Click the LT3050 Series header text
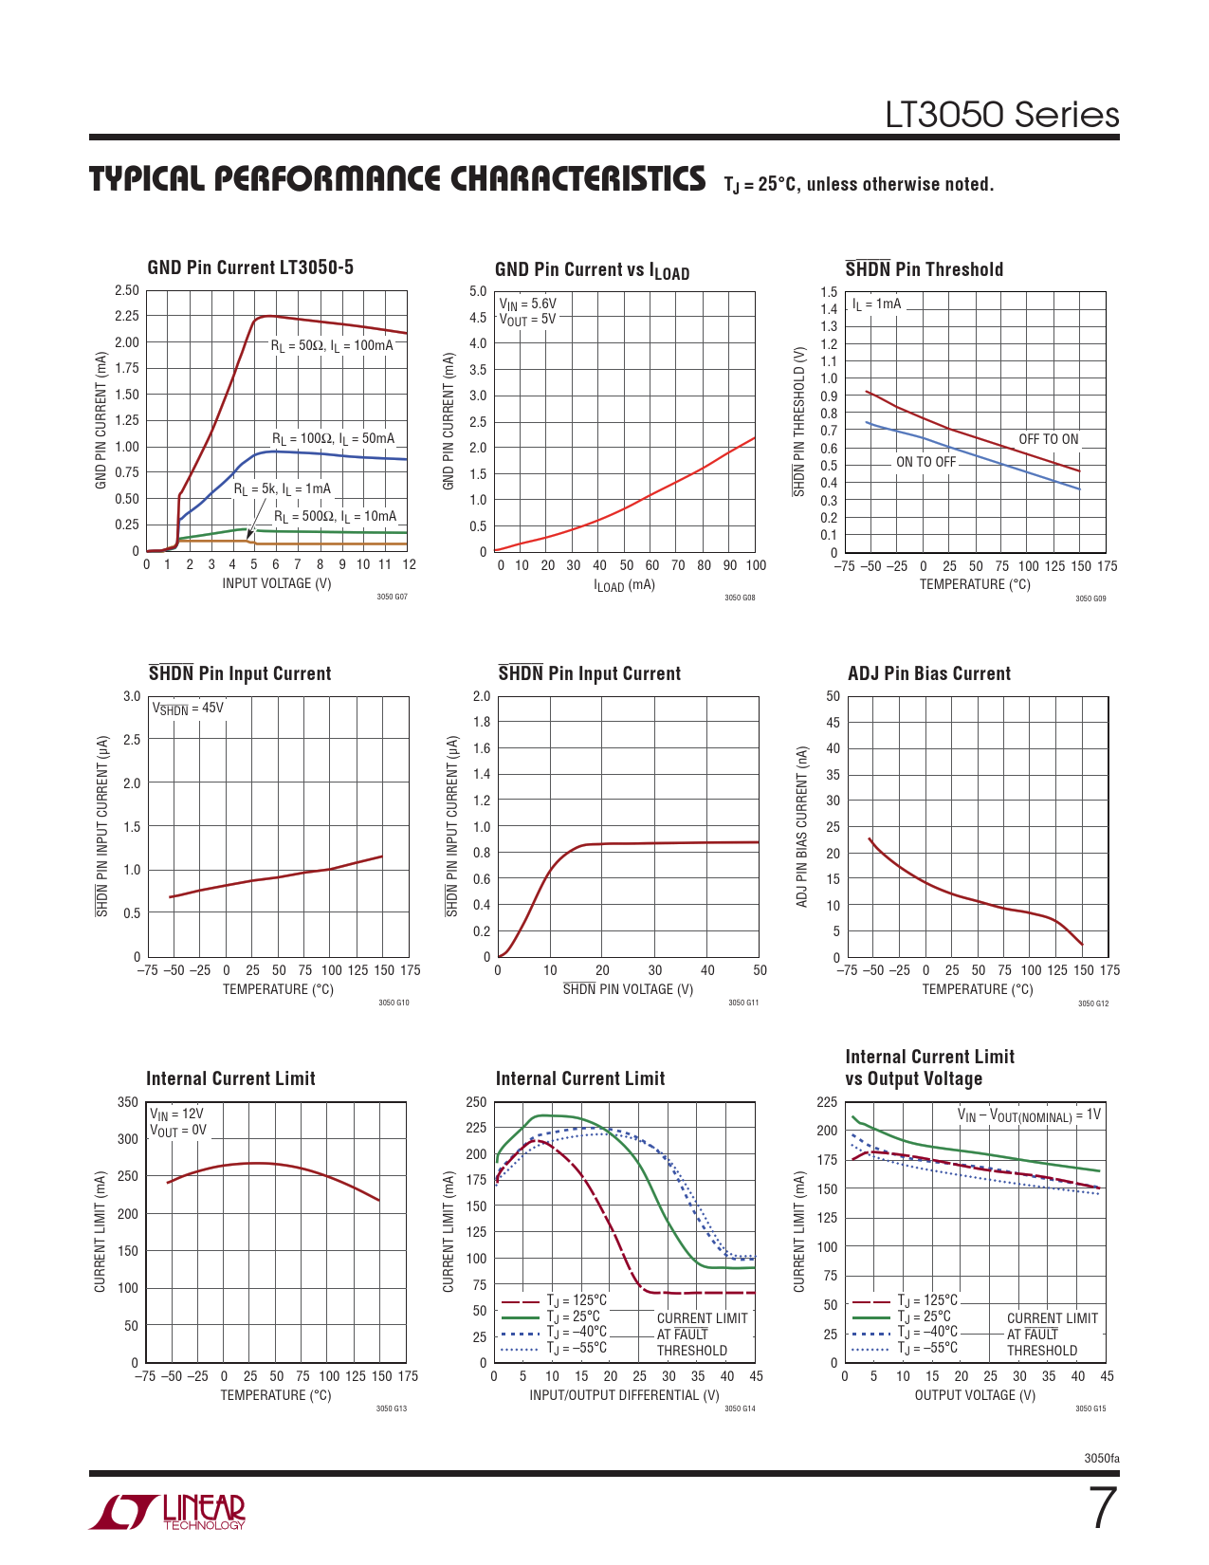click(1002, 115)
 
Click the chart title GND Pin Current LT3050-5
click(250, 267)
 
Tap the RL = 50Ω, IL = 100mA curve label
click(332, 346)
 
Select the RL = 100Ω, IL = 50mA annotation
click(333, 439)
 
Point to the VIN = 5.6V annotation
click(528, 304)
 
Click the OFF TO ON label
click(1048, 439)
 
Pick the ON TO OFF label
click(925, 462)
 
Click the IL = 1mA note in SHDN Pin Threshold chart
click(876, 304)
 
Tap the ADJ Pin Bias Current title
click(929, 673)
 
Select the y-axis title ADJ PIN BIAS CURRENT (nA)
click(802, 826)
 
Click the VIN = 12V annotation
click(176, 1114)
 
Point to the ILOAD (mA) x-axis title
click(624, 585)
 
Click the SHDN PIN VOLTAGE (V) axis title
click(628, 989)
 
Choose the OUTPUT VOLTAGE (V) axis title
click(975, 1395)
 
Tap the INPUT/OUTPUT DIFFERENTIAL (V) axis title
click(624, 1395)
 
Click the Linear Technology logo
click(169, 1512)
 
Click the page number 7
click(1102, 1509)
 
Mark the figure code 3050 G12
click(1092, 1003)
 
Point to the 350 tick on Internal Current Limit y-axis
click(127, 1102)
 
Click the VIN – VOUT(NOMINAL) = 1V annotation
click(1029, 1115)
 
